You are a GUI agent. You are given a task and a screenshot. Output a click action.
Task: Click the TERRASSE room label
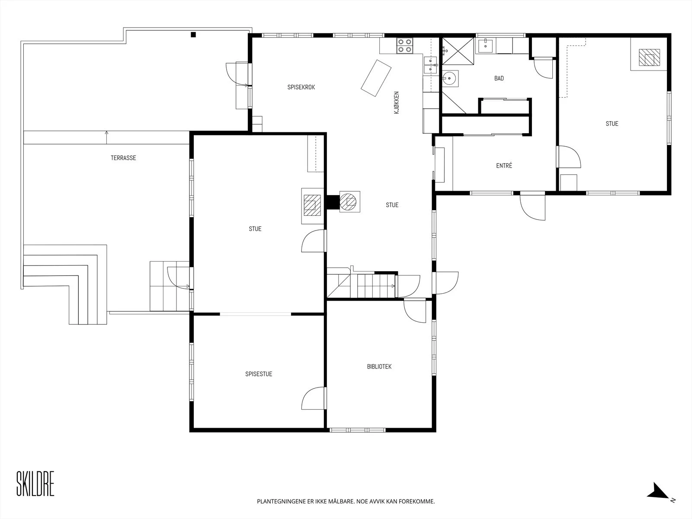point(123,158)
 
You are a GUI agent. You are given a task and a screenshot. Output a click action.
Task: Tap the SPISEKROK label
point(301,87)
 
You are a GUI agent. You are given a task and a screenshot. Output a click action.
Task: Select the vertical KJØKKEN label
point(397,103)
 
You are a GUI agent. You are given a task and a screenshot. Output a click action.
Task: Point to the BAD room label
point(499,78)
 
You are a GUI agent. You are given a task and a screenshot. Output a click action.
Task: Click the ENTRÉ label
point(504,166)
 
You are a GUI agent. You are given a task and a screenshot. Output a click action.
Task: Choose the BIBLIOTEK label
point(379,366)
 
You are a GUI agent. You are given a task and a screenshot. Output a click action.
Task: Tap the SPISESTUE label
point(259,374)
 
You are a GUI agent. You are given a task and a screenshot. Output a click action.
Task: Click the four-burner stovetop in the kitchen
point(404,45)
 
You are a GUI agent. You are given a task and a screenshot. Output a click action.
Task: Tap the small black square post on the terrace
point(193,35)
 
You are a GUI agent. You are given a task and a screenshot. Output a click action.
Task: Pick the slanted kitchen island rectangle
point(376,78)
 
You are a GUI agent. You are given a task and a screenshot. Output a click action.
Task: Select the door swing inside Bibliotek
point(415,312)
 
